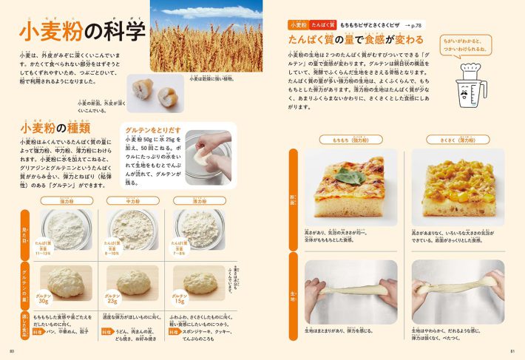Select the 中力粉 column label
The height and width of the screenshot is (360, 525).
point(133,200)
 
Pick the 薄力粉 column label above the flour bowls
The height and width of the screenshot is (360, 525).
point(200,200)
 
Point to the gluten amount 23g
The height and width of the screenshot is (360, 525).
point(112,299)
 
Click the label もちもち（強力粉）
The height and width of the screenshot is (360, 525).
point(345,139)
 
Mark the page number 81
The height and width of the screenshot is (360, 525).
point(512,350)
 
